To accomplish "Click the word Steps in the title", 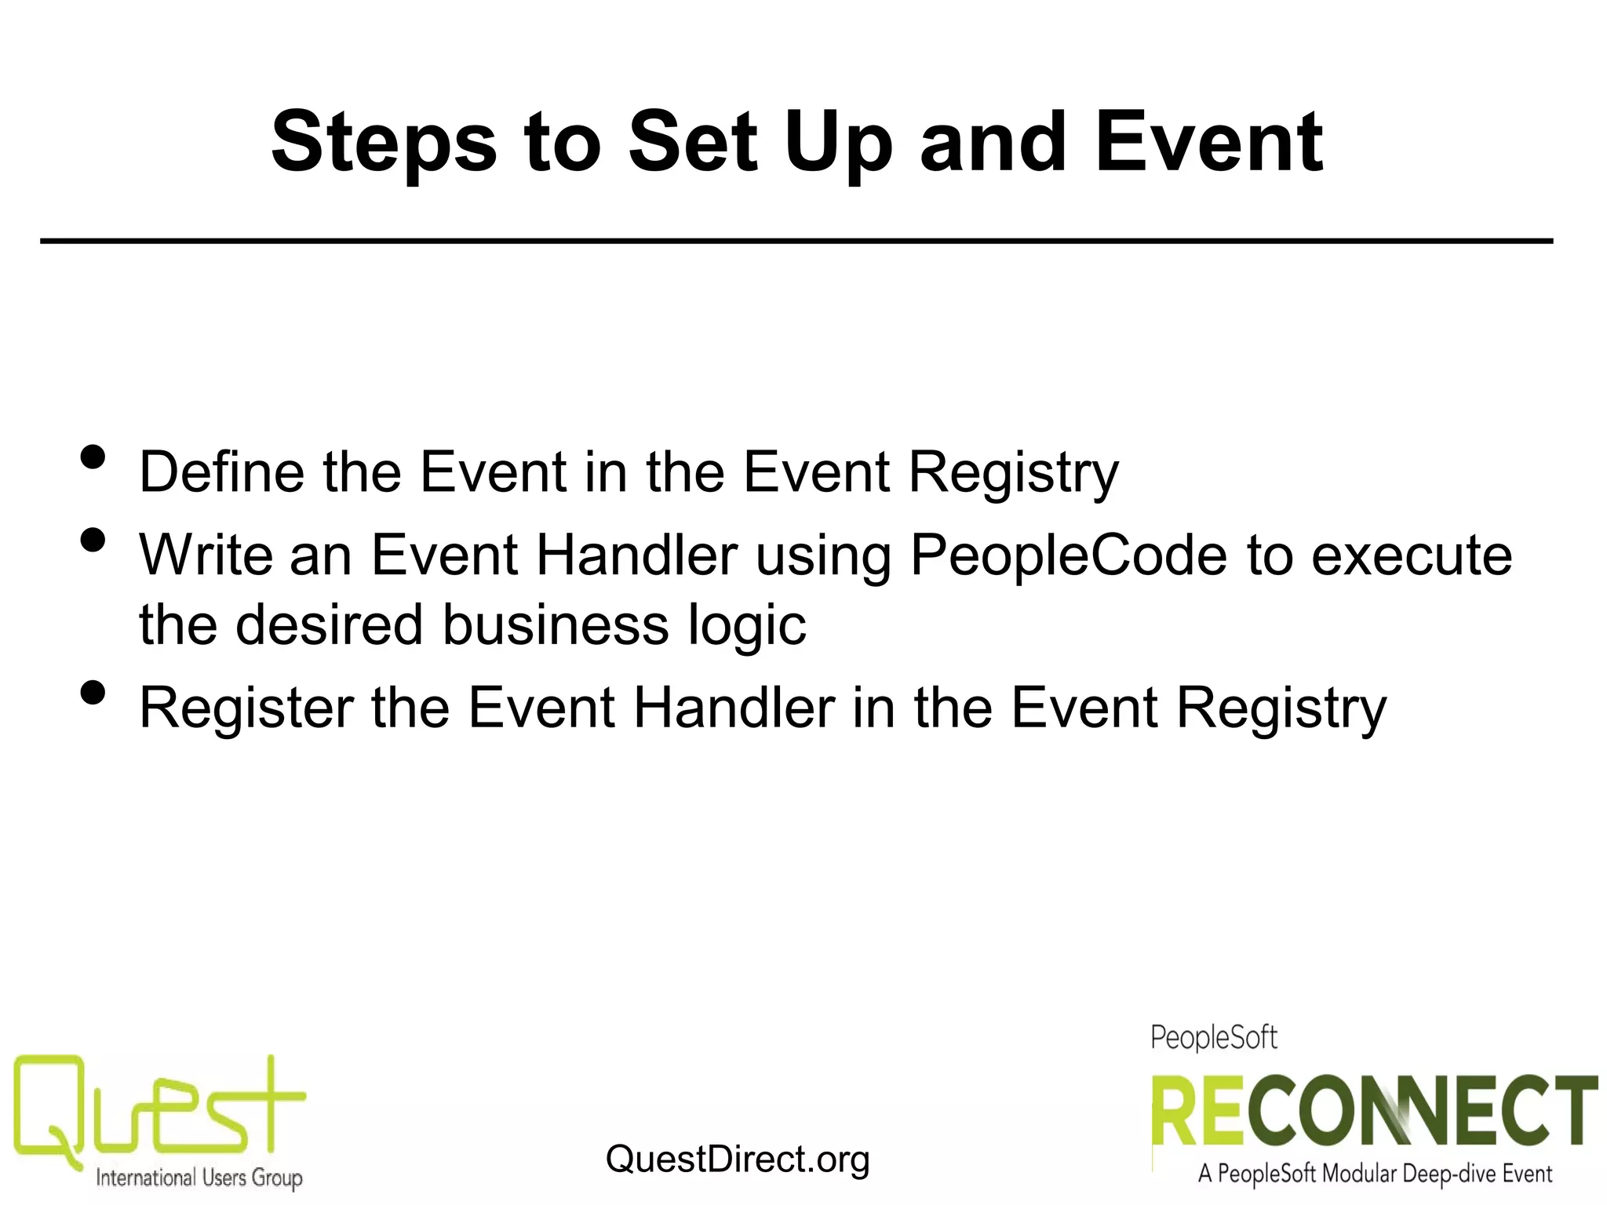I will (384, 144).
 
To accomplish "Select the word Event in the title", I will (1209, 142).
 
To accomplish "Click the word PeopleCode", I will (1068, 555).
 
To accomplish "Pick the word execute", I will (1412, 556).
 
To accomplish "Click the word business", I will (556, 625).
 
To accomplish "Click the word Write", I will (206, 555).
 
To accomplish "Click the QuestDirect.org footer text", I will (738, 1159).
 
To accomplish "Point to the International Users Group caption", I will (199, 1178).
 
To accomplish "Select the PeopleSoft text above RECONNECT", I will (1214, 1038).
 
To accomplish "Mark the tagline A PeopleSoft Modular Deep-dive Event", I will (1375, 1174).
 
